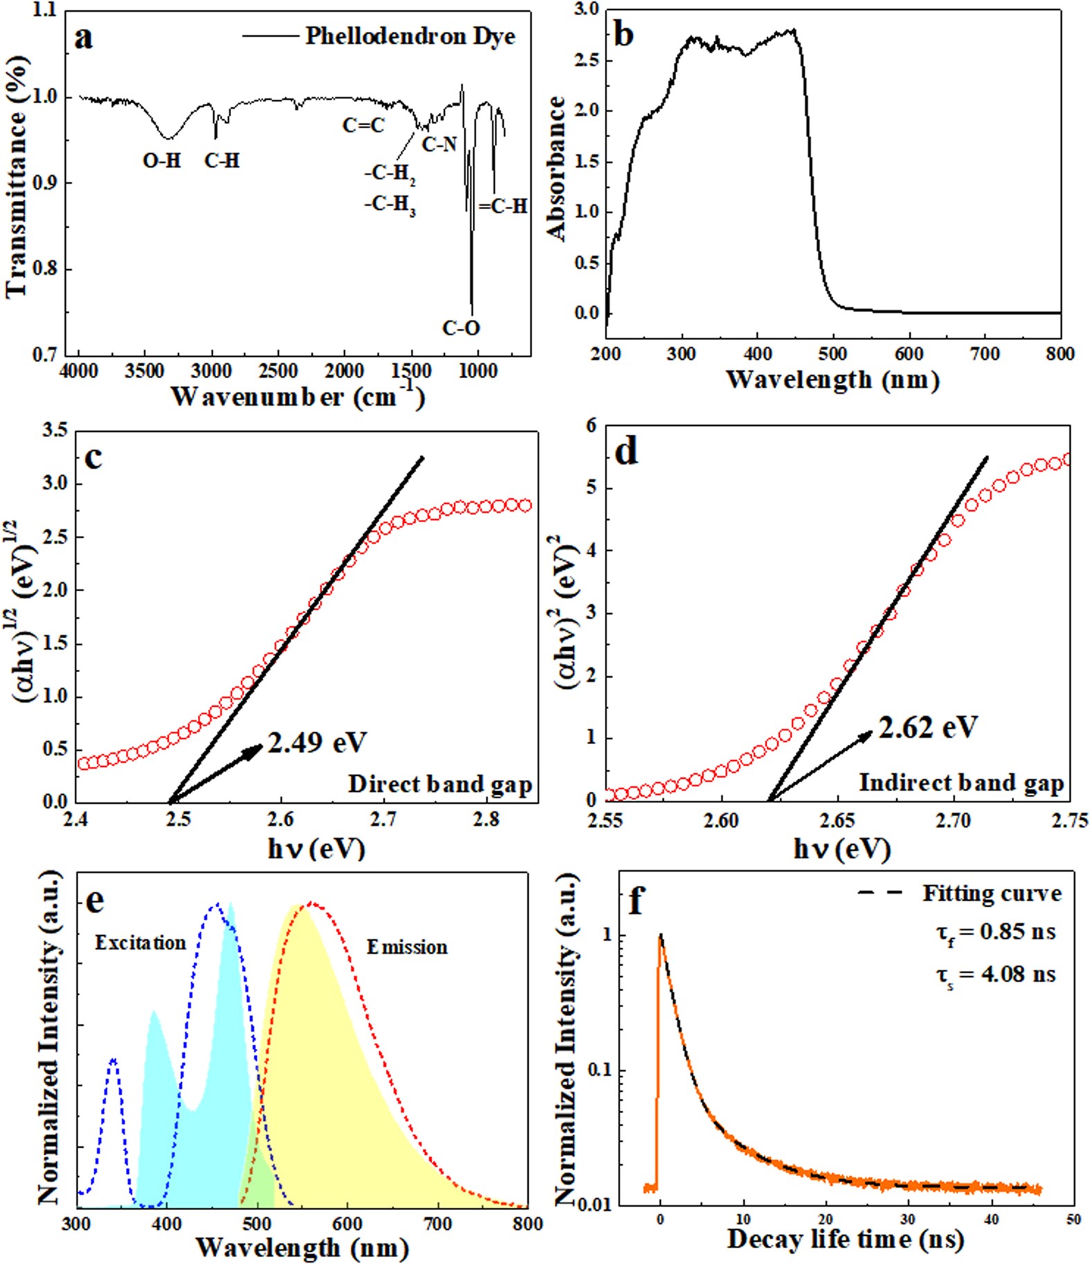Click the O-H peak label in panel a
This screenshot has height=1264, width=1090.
point(161,161)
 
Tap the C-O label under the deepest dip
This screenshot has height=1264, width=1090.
point(461,327)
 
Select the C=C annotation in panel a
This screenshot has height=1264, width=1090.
point(363,125)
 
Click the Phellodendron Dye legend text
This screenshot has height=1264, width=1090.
point(410,36)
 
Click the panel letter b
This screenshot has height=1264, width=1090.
point(624,35)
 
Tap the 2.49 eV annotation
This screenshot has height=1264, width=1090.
point(317,742)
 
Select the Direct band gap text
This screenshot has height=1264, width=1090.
point(440,784)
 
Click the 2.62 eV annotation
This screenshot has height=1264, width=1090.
point(927,728)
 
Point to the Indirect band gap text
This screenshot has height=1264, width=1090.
point(961,783)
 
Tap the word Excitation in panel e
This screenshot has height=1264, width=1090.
point(140,943)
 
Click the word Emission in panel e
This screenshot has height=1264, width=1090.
point(407,947)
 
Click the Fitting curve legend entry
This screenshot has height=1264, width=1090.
point(991,894)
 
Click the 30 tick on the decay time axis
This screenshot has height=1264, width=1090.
point(908,1219)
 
